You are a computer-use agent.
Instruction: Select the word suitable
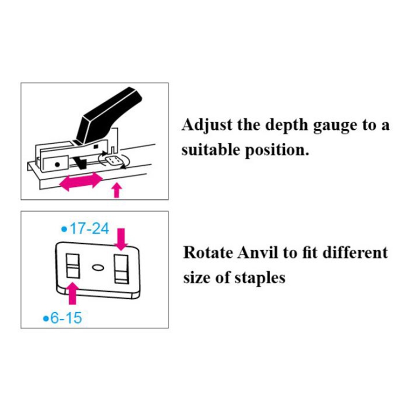point(211,150)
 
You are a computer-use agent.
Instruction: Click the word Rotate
point(208,253)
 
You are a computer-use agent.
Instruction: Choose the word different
point(355,252)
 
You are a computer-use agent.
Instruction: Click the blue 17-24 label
point(85,229)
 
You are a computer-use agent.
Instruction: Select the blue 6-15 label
point(63,318)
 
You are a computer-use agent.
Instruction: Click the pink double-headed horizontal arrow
point(81,181)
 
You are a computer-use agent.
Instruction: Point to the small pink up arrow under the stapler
point(116,190)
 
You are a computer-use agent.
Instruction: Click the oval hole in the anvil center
point(98,267)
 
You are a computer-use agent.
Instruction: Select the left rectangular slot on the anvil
point(73,266)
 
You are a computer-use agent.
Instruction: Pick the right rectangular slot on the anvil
point(121,269)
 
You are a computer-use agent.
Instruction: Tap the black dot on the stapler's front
point(57,164)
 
